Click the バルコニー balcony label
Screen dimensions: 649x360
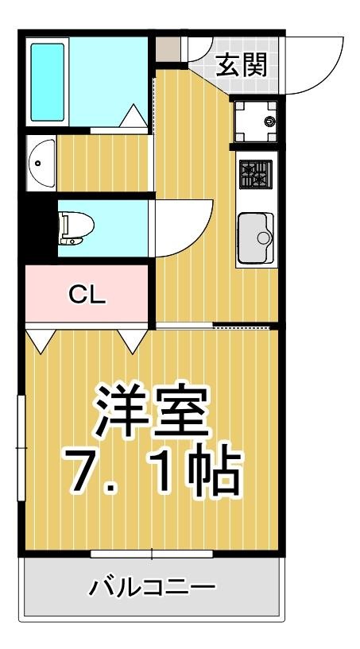[x=152, y=589]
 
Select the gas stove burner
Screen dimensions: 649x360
[x=256, y=173]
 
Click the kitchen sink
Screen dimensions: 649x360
[x=255, y=238]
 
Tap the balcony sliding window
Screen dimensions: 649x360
[x=151, y=553]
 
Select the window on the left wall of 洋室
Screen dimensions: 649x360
[x=21, y=449]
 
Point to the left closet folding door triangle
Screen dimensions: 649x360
[x=41, y=340]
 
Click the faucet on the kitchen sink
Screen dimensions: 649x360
[x=265, y=236]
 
